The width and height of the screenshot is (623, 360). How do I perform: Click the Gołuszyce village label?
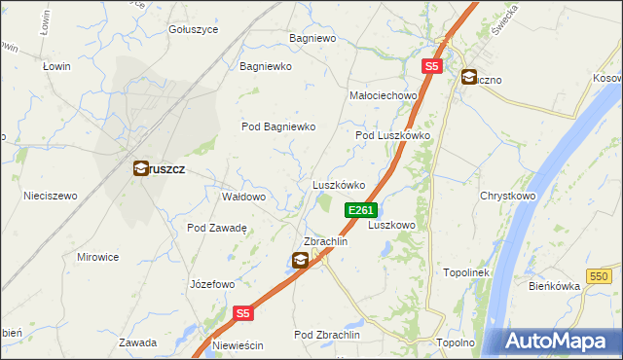coord(193,29)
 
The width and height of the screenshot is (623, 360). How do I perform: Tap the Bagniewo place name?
coord(312,39)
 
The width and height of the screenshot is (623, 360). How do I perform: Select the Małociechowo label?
coord(383,95)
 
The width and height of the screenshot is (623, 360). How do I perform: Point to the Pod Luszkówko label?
coord(392,135)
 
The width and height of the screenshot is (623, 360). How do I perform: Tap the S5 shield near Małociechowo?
coord(433,66)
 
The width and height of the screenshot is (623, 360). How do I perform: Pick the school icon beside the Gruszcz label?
coord(141,167)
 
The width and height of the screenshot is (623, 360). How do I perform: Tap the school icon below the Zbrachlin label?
coord(301,259)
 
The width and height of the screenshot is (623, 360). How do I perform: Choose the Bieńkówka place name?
coord(553,286)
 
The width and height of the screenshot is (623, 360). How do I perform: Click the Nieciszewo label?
coord(51,196)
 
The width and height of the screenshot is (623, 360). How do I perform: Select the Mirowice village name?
coord(97,257)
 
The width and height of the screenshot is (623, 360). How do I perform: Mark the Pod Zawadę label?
coord(216,228)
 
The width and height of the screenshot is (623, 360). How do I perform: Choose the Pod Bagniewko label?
coord(278,126)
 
